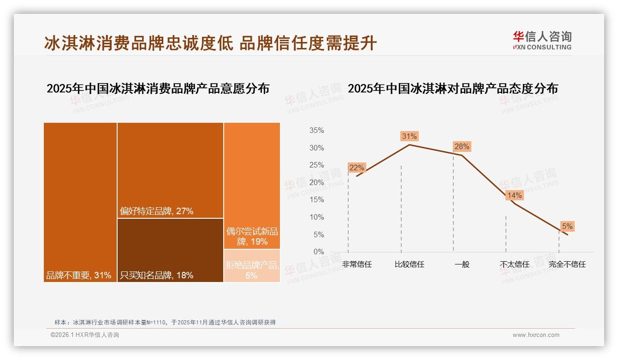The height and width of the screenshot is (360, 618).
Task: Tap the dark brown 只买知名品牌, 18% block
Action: [x=170, y=250]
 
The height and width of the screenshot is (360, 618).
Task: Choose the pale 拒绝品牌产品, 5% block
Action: [x=252, y=266]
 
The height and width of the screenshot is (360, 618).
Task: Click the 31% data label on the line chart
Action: [x=409, y=136]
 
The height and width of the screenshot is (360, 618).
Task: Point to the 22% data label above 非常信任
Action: [x=357, y=168]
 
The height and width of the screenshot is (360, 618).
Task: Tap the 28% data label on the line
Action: [x=462, y=147]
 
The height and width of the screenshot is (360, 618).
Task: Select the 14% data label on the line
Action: [x=514, y=195]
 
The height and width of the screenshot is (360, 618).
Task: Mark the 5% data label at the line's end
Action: [x=567, y=226]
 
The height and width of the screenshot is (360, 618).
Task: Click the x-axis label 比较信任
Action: [x=409, y=264]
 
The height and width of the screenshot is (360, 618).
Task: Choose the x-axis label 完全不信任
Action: [x=567, y=264]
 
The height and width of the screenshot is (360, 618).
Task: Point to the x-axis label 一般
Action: [x=462, y=264]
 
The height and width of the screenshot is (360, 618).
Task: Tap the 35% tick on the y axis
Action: [x=316, y=131]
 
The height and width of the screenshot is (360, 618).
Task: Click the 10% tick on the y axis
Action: [x=316, y=217]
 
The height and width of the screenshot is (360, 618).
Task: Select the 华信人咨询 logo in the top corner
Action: [x=542, y=40]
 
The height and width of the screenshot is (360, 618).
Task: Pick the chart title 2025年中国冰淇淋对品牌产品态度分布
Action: [x=452, y=88]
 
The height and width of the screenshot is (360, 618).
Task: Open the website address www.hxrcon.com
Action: [x=536, y=335]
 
